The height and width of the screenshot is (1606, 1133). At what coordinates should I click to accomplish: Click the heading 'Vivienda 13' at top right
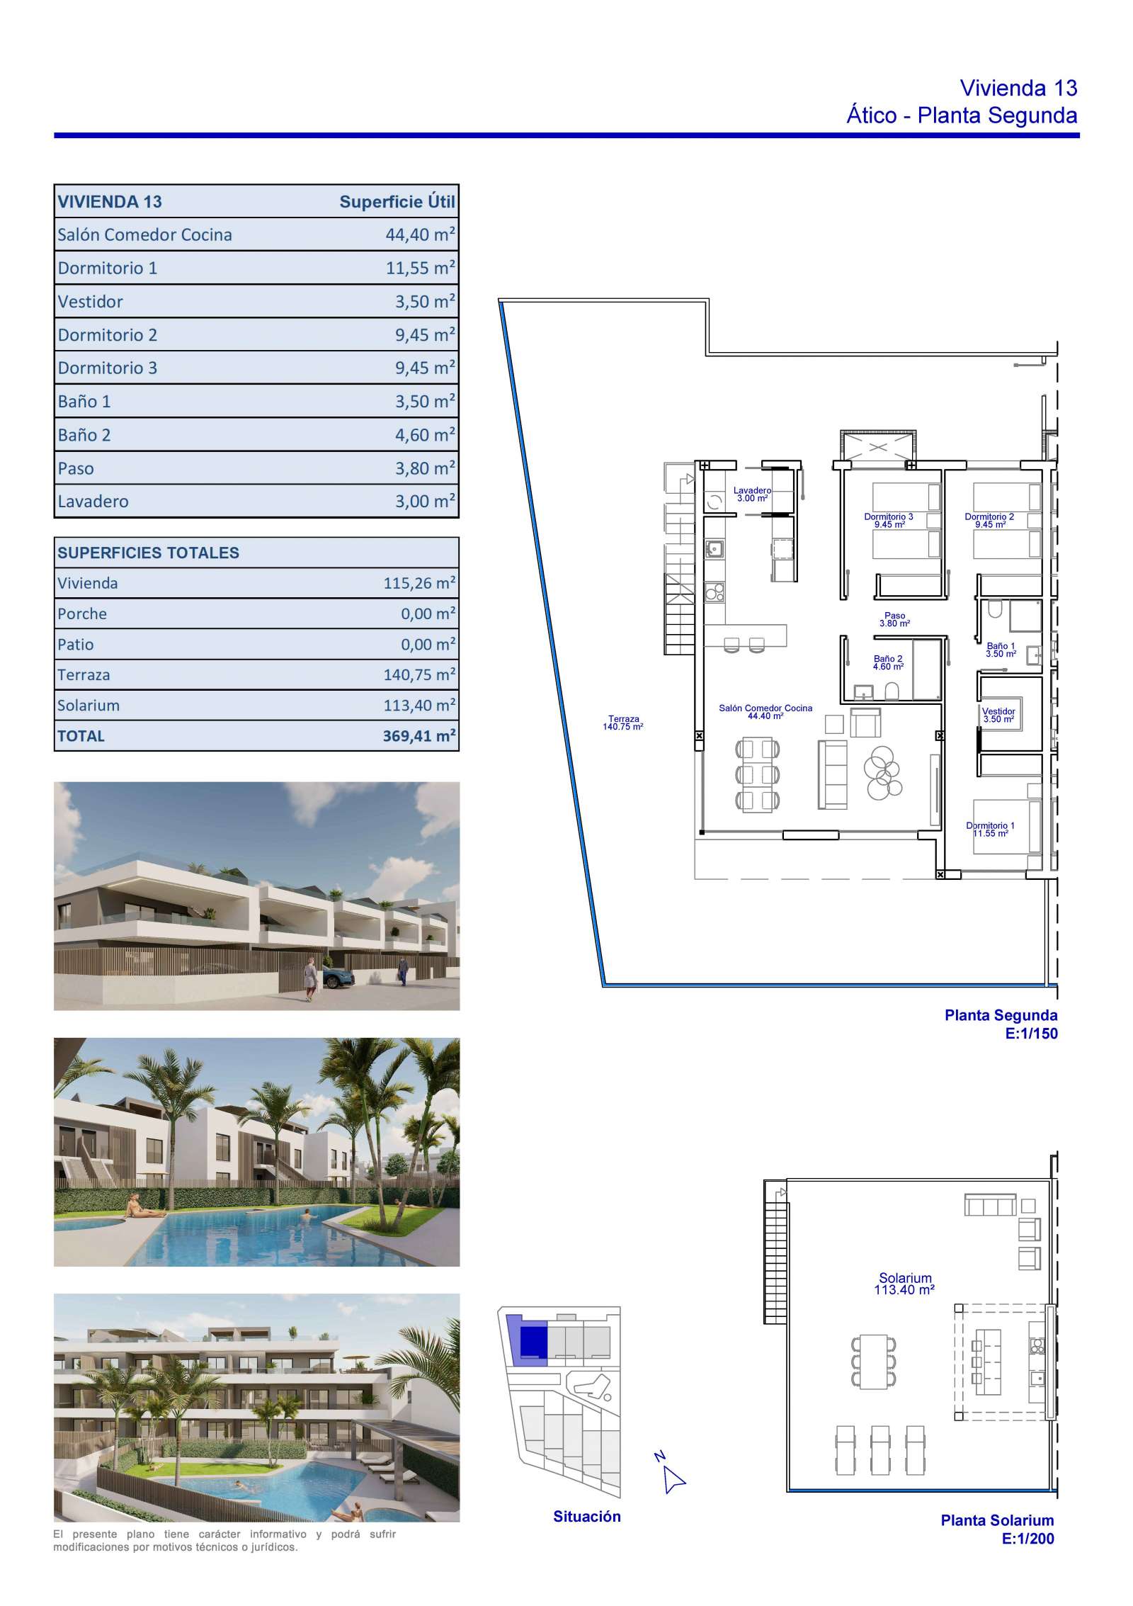1018,88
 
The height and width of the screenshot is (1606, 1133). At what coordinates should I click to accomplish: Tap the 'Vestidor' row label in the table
91,302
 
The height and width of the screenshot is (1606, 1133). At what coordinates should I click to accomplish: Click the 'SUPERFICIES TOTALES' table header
148,553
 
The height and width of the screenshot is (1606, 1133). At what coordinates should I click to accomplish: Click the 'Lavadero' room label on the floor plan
752,490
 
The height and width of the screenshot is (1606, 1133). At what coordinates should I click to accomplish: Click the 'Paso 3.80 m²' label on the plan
895,620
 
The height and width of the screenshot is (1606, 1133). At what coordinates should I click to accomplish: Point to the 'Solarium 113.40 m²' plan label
904,1284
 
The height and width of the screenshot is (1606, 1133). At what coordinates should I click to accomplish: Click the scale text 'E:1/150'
1031,1034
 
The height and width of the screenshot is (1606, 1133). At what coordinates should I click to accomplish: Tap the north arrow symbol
674,1479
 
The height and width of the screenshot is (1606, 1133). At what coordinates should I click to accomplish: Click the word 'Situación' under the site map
587,1516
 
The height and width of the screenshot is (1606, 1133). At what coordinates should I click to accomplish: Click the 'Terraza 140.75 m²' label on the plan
622,723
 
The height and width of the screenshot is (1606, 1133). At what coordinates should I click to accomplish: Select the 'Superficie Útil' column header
397,202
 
